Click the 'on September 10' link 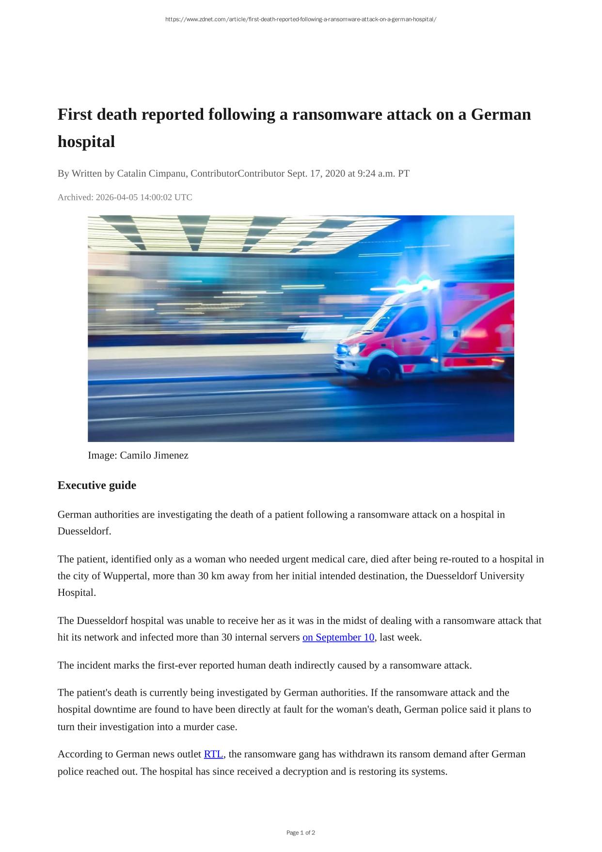pyautogui.click(x=338, y=637)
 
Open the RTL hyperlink pyautogui.click(x=213, y=754)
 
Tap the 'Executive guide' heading pyautogui.click(x=97, y=485)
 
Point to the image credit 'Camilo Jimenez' pyautogui.click(x=154, y=456)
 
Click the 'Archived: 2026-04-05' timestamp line pyautogui.click(x=125, y=197)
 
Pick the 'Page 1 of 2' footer pyautogui.click(x=301, y=833)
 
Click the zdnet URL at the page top pyautogui.click(x=301, y=19)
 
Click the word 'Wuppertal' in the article pyautogui.click(x=124, y=576)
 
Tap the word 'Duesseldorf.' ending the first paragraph pyautogui.click(x=84, y=531)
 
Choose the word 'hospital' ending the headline pyautogui.click(x=86, y=142)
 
